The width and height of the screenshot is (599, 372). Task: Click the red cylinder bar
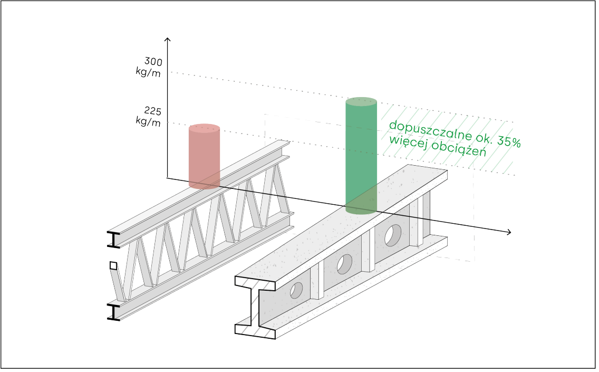tap(205, 157)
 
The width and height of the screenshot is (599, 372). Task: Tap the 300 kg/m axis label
tap(150, 67)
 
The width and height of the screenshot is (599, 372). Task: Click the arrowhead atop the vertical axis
tap(167, 40)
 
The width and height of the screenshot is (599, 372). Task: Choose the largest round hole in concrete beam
tap(393, 235)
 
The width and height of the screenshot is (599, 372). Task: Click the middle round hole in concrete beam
tap(345, 263)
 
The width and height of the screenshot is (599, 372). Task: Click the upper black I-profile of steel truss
tap(113, 239)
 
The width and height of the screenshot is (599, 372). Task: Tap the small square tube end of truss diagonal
tap(113, 265)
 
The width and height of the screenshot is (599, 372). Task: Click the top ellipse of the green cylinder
tap(361, 102)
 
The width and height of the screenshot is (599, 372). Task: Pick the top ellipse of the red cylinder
tap(205, 128)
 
